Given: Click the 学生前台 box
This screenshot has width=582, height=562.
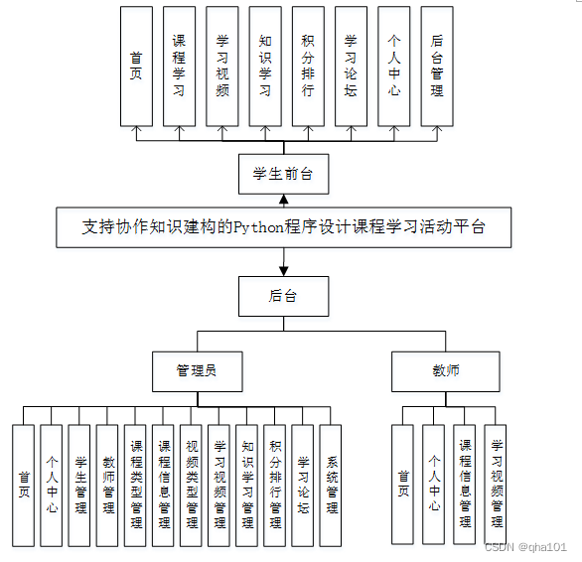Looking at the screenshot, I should coord(283,174).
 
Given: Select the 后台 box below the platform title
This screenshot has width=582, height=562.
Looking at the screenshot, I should coord(283,296).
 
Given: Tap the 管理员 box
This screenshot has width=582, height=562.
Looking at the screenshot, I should coord(197,371).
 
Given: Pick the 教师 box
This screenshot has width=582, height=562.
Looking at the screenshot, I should coord(445,371).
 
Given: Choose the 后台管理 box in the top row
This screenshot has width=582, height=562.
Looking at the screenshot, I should coord(437,67).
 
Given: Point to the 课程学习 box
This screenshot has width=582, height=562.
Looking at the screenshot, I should coord(179,67).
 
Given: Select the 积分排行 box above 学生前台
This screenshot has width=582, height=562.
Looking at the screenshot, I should coord(308,67).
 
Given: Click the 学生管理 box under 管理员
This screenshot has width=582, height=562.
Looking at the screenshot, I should coord(79,486).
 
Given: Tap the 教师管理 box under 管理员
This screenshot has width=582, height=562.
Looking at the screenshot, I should coord(107,486).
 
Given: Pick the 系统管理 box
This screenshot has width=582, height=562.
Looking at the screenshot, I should coord(330,486).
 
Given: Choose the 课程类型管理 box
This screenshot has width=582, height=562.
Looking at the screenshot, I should coord(136,486).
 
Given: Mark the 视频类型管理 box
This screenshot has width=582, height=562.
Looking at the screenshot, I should coord(192,486).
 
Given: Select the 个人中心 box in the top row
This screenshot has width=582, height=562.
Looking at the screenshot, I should coord(393,67).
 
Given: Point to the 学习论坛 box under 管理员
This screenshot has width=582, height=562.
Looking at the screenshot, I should coord(303,486).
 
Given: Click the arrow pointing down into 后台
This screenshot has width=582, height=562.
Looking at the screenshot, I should coord(284,266).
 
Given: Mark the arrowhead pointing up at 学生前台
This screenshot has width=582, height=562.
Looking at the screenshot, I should coord(284,201).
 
